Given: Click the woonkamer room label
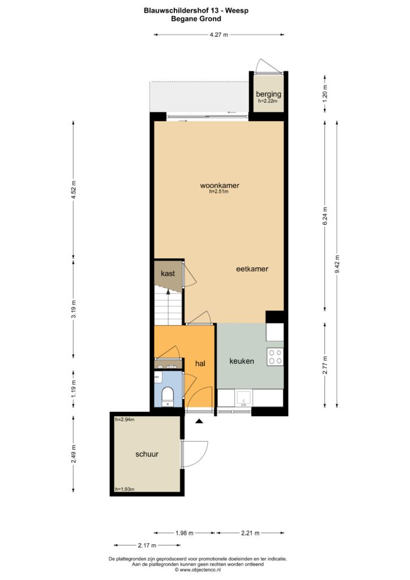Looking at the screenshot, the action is click(x=219, y=185).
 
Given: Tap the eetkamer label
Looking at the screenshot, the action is click(x=252, y=269).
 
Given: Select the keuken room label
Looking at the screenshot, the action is click(x=242, y=361).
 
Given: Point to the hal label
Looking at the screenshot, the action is click(x=200, y=364).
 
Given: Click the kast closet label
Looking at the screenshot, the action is click(x=168, y=274).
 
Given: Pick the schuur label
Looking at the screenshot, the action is click(x=147, y=454).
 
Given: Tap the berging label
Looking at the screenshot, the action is click(x=269, y=95).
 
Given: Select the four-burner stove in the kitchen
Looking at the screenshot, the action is click(x=275, y=357).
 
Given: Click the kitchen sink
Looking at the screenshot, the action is click(x=244, y=399).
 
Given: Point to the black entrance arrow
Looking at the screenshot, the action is click(x=199, y=421).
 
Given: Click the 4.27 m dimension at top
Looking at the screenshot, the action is click(x=219, y=35).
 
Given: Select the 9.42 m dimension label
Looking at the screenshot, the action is click(x=337, y=264).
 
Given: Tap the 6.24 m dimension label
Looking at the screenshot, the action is click(x=325, y=216).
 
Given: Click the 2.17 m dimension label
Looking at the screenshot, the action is click(x=147, y=545).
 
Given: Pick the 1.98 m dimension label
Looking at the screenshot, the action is click(x=185, y=533).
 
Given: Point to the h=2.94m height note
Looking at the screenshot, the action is click(x=125, y=420).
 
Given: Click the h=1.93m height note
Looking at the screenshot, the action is click(x=125, y=489).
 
